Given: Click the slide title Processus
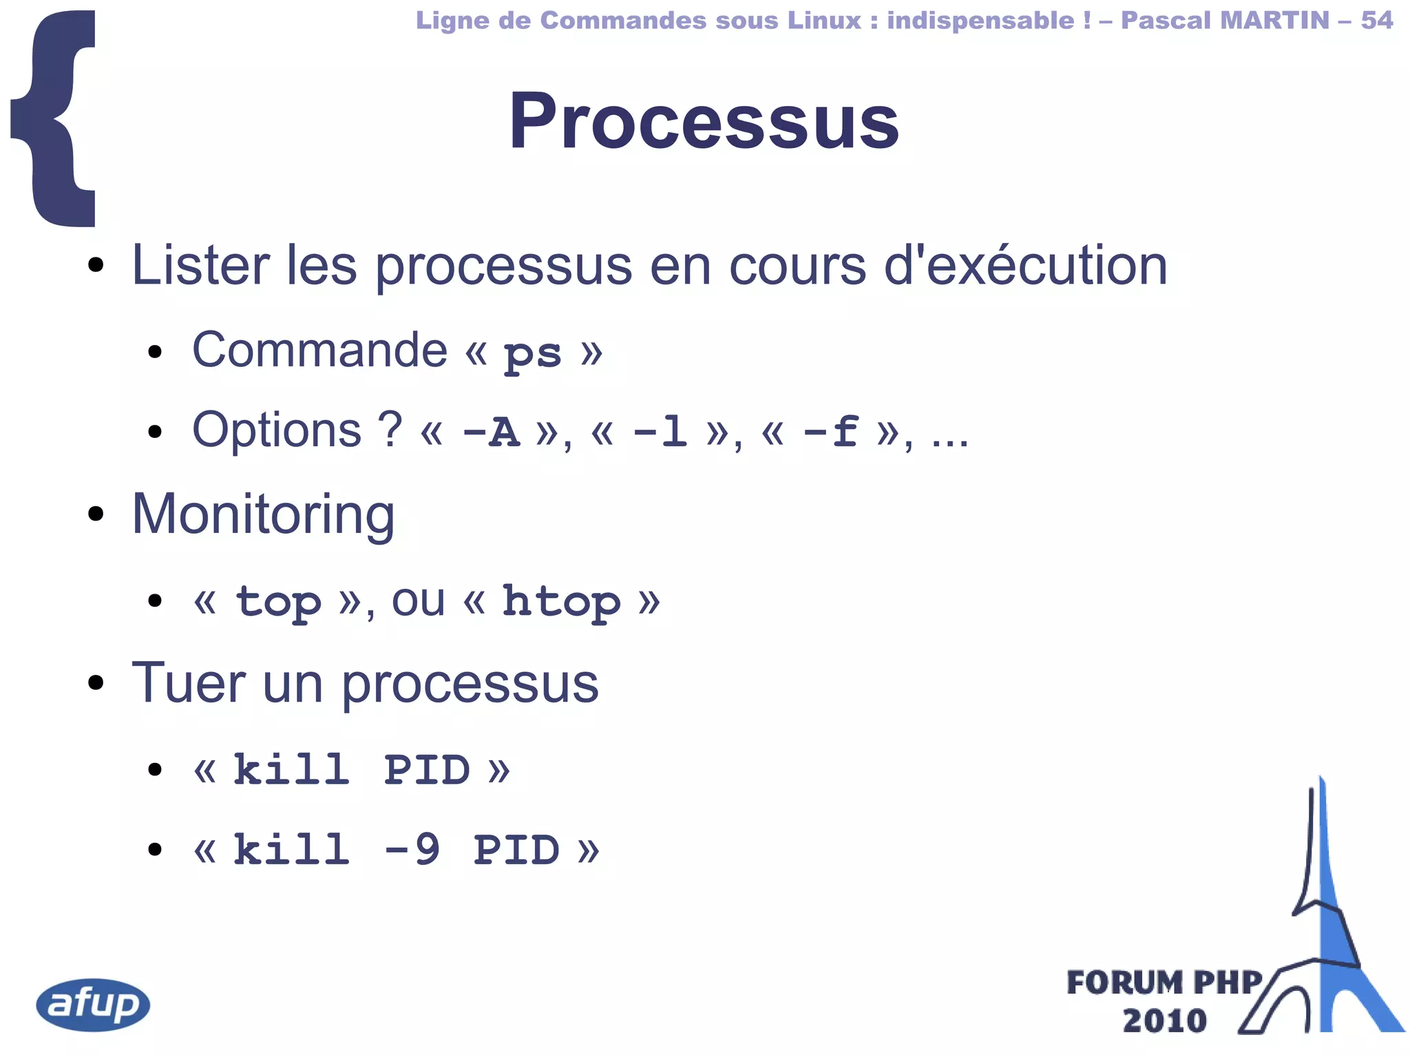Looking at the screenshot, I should pos(704,122).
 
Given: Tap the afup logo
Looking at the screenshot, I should pos(93,1005).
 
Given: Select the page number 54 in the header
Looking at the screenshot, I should pos(1377,20).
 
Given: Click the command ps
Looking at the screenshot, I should pos(532,354).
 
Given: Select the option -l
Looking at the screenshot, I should pos(660,432).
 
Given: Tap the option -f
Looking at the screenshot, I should pos(831,432).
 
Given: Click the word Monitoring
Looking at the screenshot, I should pos(263,515).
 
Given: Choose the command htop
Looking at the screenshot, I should pos(561,602).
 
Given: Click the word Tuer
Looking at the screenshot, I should pos(188,683).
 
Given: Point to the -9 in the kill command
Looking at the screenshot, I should pos(412,849).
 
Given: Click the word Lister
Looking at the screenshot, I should pos(200,266).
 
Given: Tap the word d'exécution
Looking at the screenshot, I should pos(1025,266).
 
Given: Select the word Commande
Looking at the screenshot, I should pos(319,350).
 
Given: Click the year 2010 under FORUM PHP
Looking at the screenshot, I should pos(1164,1021).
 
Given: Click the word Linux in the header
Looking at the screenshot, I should pos(824,20).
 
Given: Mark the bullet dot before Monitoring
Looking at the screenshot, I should pos(96,514).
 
